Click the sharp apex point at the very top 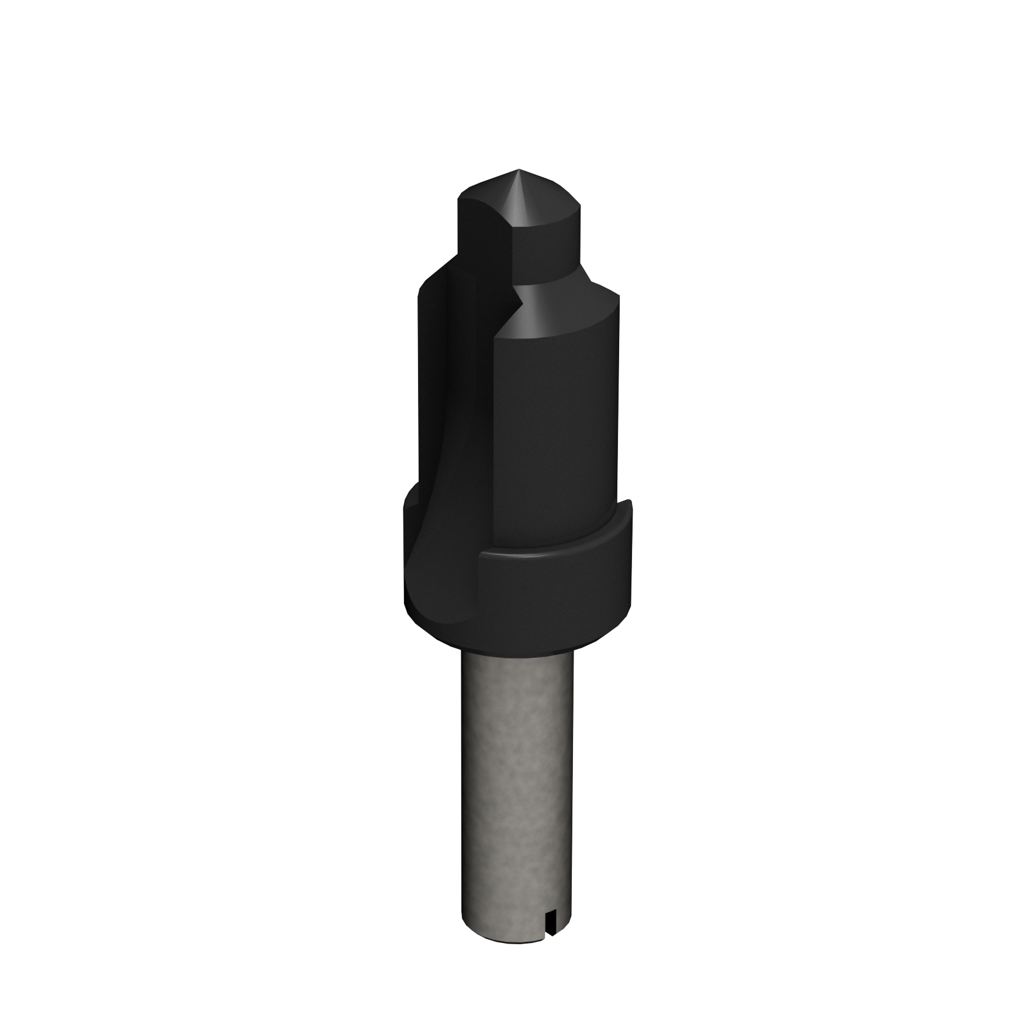[x=517, y=170]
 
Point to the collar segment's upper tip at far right [x=628, y=503]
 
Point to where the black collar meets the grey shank [x=517, y=653]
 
